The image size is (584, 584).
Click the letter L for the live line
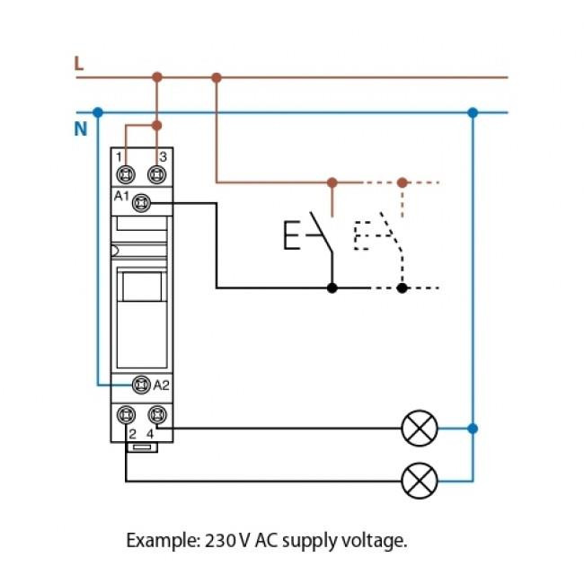(79, 64)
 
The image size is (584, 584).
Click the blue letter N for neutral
(80, 129)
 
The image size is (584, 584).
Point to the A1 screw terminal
(141, 204)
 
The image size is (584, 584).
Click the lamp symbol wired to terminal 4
(419, 429)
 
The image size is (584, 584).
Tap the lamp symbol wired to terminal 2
(419, 481)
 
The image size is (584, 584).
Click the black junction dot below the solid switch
(332, 288)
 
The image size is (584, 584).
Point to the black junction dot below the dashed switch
(403, 288)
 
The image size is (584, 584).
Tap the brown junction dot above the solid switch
(332, 182)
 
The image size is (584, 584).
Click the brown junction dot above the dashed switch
(403, 182)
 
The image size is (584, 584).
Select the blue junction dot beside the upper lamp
(473, 429)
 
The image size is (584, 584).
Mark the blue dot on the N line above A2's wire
(98, 112)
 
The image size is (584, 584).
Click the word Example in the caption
(157, 541)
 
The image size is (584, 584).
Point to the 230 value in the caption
(218, 541)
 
